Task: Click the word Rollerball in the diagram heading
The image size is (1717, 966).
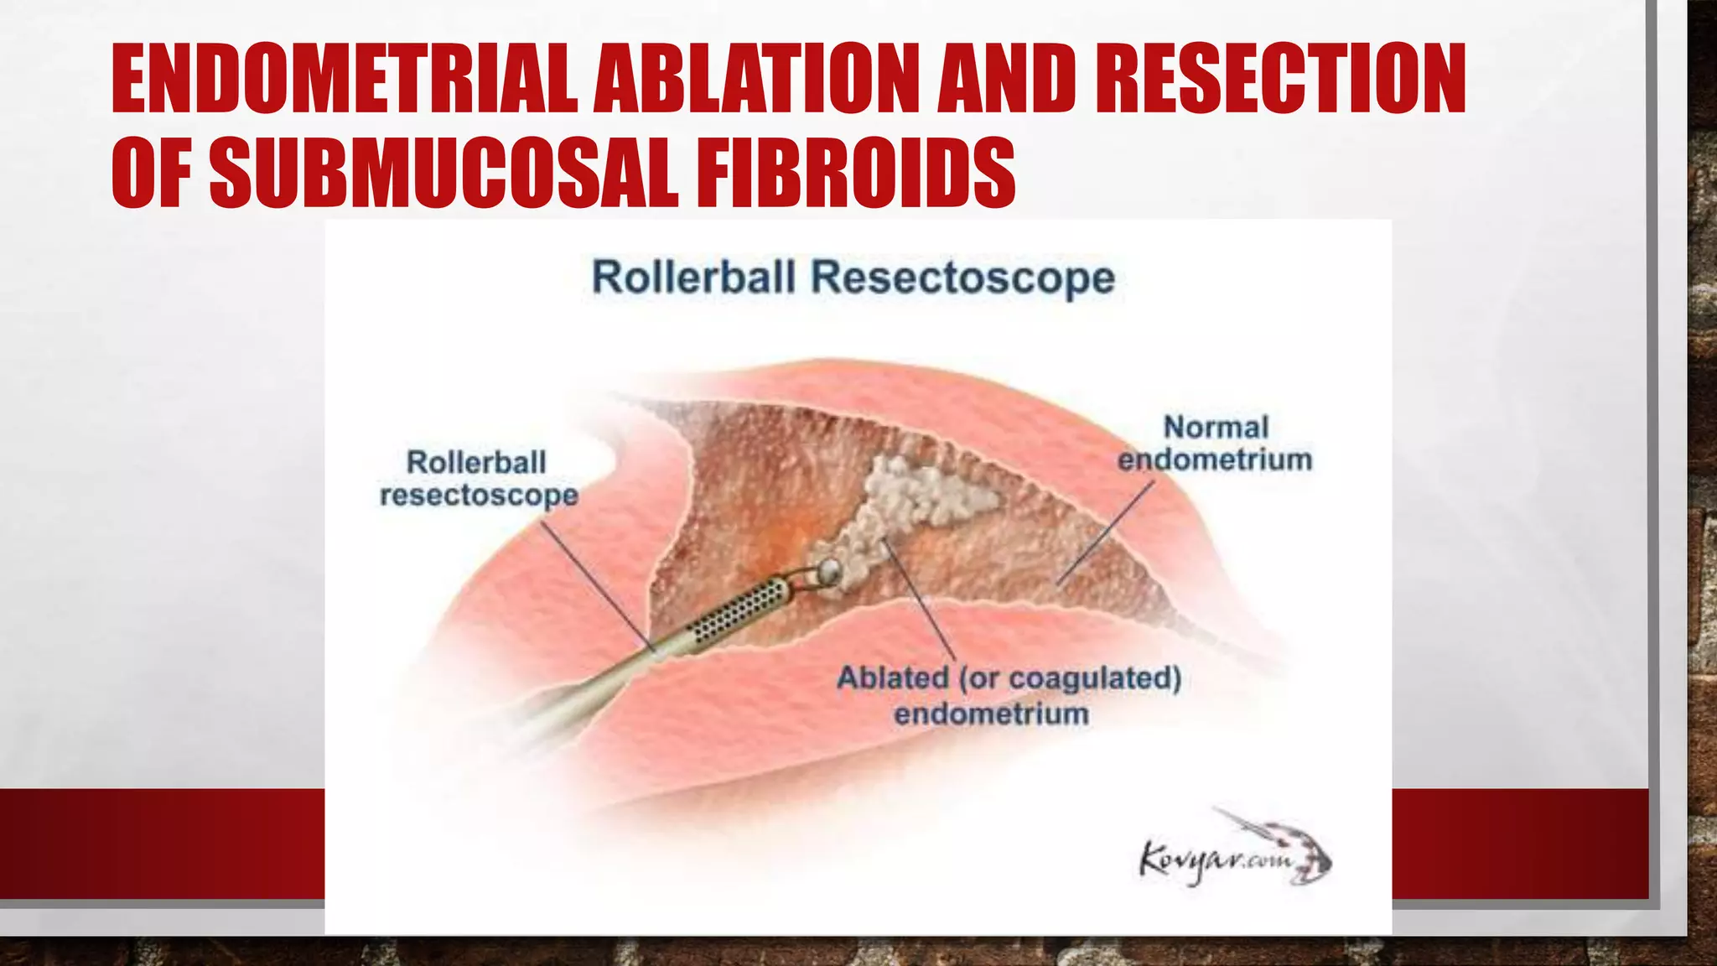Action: pyautogui.click(x=693, y=277)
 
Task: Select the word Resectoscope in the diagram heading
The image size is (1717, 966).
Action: pyautogui.click(x=963, y=277)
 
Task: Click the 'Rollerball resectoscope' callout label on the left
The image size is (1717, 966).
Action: pyautogui.click(x=479, y=478)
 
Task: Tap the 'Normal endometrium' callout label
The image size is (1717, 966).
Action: pyautogui.click(x=1215, y=443)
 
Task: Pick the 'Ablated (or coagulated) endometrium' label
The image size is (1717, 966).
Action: pyautogui.click(x=1009, y=695)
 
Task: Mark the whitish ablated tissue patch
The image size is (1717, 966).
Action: pyautogui.click(x=914, y=503)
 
